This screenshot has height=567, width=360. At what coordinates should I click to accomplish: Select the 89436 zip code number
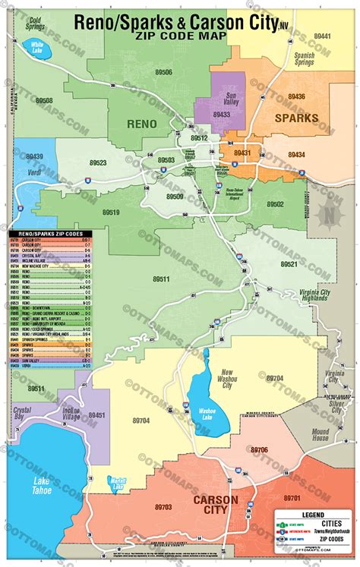[x=296, y=96]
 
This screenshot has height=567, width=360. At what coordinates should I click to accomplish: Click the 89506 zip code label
[x=163, y=73]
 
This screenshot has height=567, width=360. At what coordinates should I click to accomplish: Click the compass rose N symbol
[x=330, y=215]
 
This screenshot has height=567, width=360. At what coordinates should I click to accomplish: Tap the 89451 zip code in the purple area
[x=96, y=415]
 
